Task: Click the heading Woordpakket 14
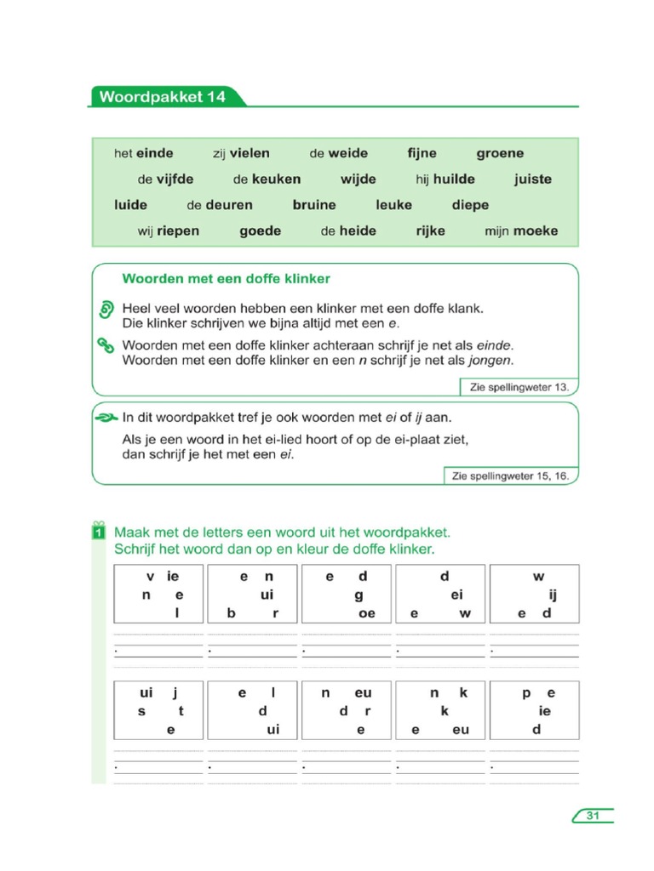click(163, 97)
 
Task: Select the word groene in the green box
click(500, 154)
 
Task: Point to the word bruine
click(314, 205)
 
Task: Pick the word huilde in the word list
click(454, 179)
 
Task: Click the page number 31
click(594, 816)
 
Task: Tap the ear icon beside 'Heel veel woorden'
click(106, 309)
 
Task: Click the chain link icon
click(106, 345)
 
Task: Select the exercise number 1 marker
click(99, 532)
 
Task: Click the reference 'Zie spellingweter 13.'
click(519, 387)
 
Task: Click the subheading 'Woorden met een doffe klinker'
click(227, 279)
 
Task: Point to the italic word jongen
click(494, 361)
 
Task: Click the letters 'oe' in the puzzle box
click(367, 613)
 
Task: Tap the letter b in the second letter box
click(230, 613)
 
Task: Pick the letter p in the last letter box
click(525, 693)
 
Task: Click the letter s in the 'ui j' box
click(141, 711)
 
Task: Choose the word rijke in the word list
click(430, 231)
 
